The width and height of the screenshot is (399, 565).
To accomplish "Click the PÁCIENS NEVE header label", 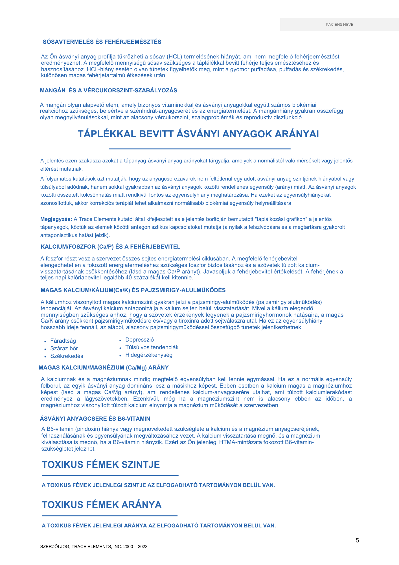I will click(x=339, y=25).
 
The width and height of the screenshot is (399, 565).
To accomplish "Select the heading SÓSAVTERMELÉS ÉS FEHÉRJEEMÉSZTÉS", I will click(x=102, y=42).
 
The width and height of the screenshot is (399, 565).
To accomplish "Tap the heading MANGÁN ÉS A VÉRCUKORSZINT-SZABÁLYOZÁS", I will click(x=109, y=91).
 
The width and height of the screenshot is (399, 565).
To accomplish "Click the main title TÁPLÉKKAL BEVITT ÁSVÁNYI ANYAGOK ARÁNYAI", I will click(x=198, y=134).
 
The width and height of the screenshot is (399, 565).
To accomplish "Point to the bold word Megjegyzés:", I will click(x=56, y=219).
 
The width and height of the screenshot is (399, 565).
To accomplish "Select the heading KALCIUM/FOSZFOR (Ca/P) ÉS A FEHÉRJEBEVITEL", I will click(x=110, y=247).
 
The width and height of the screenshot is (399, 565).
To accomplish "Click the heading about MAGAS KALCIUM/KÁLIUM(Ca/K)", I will click(x=133, y=290).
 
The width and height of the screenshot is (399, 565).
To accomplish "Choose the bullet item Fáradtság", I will click(x=63, y=341).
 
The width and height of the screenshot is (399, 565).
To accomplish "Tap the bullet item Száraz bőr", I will click(x=64, y=349).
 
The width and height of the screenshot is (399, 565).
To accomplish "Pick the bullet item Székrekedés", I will click(x=67, y=356).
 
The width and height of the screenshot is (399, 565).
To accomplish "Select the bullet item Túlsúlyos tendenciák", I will click(x=152, y=347).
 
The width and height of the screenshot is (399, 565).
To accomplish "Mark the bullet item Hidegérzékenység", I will click(x=149, y=355).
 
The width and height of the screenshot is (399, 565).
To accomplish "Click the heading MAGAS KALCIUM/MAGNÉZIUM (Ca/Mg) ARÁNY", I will click(x=104, y=368).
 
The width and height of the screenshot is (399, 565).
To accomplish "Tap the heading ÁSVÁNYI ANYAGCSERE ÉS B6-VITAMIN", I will click(x=95, y=419).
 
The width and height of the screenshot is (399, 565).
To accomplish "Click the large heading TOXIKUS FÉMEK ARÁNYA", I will click(x=102, y=505).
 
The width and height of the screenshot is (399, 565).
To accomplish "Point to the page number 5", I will click(x=357, y=541).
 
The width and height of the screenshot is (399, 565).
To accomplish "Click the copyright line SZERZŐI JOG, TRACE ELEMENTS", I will click(x=94, y=547).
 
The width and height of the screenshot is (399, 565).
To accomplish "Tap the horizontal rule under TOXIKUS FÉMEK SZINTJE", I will click(x=110, y=475).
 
